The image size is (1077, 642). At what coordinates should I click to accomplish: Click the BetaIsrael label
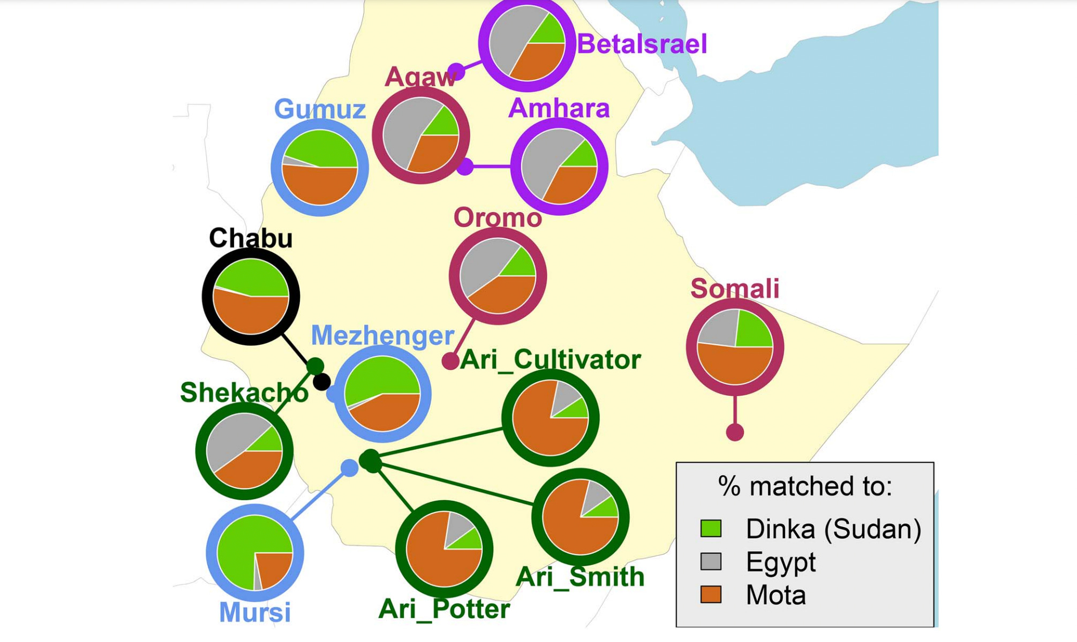[x=642, y=44]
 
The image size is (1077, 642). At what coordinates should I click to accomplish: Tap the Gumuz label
[x=320, y=109]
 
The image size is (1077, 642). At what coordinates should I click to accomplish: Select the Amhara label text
[x=559, y=108]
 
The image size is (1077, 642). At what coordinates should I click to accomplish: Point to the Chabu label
[x=251, y=238]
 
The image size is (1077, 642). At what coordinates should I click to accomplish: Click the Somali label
[x=735, y=288]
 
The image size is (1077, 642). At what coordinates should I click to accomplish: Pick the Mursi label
[x=255, y=612]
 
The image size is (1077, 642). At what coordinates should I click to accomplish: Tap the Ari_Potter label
[x=444, y=609]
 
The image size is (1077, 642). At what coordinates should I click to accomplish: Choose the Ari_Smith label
[x=580, y=577]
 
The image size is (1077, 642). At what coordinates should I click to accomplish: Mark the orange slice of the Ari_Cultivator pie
[x=541, y=428]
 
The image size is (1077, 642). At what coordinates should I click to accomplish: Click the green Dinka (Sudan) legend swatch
[x=711, y=529]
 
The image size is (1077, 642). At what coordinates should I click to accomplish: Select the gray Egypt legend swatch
[x=711, y=562]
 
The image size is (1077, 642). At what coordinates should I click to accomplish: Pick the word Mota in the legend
[x=775, y=595]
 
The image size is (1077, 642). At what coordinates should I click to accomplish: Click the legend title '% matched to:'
[x=804, y=486]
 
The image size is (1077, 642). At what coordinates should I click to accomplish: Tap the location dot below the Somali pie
[x=735, y=432]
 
